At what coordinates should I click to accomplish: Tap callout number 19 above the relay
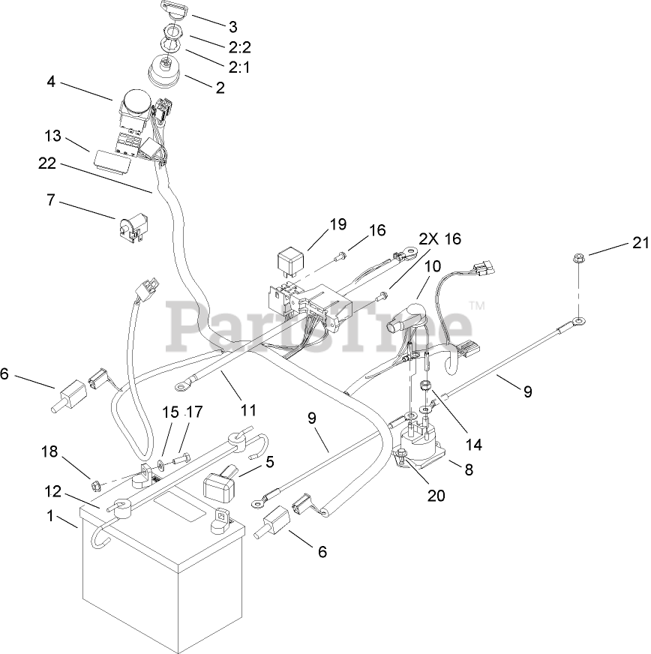pyautogui.click(x=337, y=223)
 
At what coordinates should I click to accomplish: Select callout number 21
pyautogui.click(x=638, y=243)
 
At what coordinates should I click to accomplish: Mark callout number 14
pyautogui.click(x=472, y=444)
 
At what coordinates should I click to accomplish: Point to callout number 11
pyautogui.click(x=248, y=410)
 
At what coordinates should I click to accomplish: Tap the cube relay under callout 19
pyautogui.click(x=287, y=262)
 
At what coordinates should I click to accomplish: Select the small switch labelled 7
pyautogui.click(x=132, y=226)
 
